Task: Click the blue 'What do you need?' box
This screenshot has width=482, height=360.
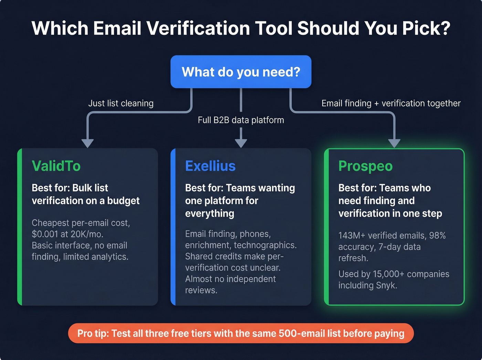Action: point(241,72)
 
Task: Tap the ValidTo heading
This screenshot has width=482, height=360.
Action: point(56,166)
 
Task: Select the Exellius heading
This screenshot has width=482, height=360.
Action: point(210,166)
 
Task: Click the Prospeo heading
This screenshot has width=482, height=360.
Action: point(365,166)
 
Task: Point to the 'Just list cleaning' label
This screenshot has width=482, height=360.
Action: point(121,103)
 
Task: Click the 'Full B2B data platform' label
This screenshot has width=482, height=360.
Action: point(241,120)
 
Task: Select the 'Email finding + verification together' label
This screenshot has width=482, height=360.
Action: point(391,103)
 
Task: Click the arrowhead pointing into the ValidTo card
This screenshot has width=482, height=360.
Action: point(88,143)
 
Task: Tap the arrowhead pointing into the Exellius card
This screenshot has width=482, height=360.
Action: point(241,143)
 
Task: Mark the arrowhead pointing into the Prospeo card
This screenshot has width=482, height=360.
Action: point(394,143)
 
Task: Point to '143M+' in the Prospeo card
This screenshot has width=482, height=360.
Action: point(352,236)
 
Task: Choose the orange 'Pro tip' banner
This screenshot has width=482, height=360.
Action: point(241,333)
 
